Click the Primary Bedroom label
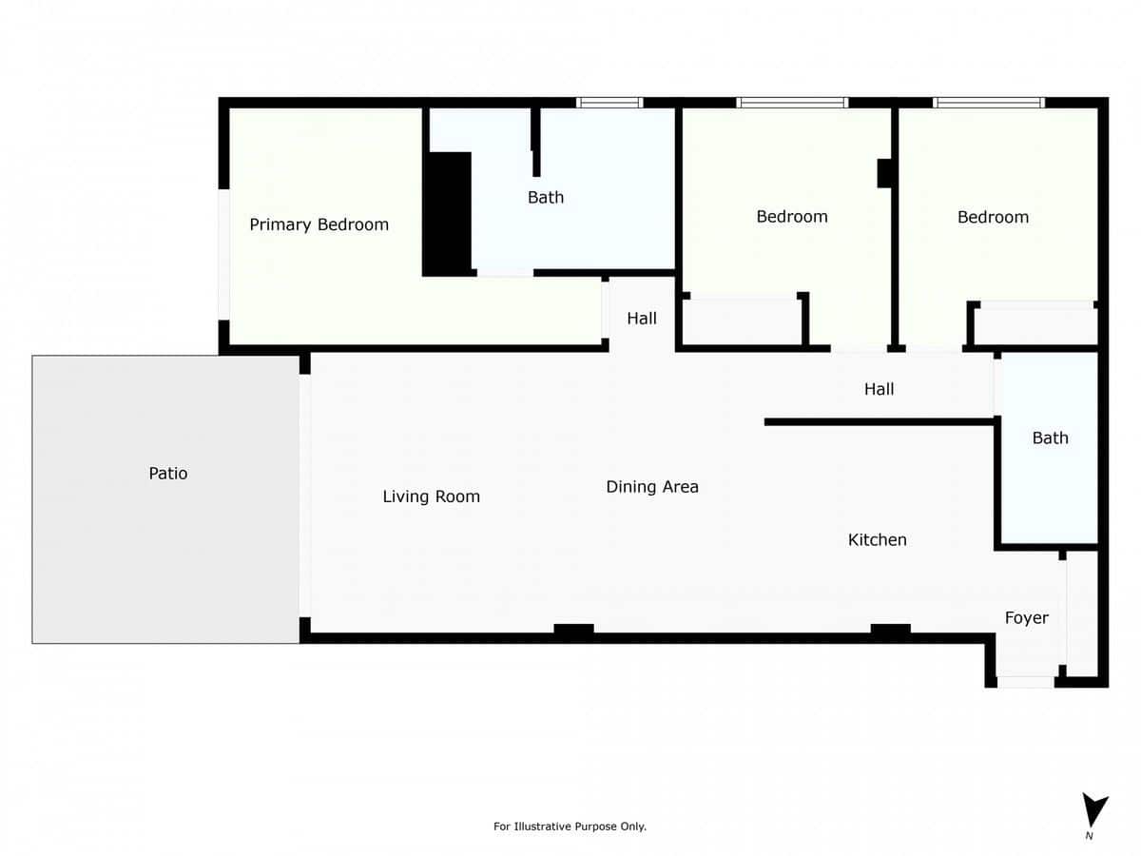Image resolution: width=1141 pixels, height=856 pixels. pyautogui.click(x=319, y=224)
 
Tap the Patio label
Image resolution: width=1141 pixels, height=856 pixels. pyautogui.click(x=168, y=473)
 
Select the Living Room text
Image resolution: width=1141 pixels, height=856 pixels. pyautogui.click(x=431, y=496)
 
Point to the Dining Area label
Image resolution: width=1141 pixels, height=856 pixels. pyautogui.click(x=652, y=487)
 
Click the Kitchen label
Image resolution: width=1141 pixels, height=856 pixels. pyautogui.click(x=877, y=539)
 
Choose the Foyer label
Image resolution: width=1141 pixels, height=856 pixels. pyautogui.click(x=1027, y=618)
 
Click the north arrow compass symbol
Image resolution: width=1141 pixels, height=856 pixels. pyautogui.click(x=1093, y=811)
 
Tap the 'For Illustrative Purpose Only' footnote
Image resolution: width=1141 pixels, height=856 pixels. pyautogui.click(x=570, y=827)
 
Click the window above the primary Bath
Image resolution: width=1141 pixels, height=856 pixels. pyautogui.click(x=609, y=103)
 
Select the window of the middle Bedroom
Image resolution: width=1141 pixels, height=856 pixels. pyautogui.click(x=792, y=103)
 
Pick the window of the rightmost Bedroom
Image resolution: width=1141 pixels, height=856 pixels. pyautogui.click(x=989, y=103)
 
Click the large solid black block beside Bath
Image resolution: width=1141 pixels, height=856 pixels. pyautogui.click(x=447, y=214)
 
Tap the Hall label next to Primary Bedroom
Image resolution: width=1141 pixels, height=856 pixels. pyautogui.click(x=642, y=319)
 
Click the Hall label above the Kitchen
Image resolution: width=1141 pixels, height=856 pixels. pyautogui.click(x=879, y=389)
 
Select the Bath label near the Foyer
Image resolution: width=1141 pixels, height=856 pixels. pyautogui.click(x=1050, y=438)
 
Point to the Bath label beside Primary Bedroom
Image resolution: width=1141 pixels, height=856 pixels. pyautogui.click(x=546, y=198)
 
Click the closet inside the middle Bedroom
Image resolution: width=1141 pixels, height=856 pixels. pyautogui.click(x=743, y=322)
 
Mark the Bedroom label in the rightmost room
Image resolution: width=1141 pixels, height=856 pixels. pyautogui.click(x=993, y=218)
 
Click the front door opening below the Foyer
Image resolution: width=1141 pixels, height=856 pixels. pyautogui.click(x=1026, y=681)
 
